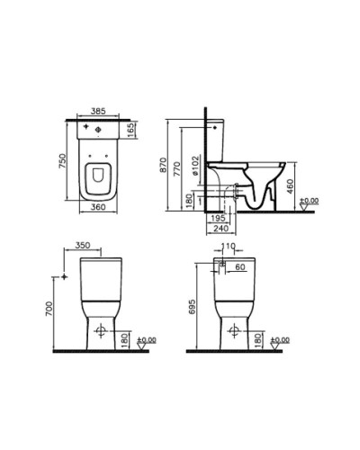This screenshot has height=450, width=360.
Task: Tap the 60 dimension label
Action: pos(239,267)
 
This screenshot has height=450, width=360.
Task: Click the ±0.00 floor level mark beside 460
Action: pos(309,201)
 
